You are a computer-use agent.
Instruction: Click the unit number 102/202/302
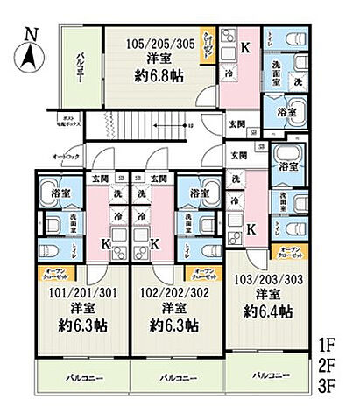tap(173, 294)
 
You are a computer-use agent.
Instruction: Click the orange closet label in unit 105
tap(206, 44)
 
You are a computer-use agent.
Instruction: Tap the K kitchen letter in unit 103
tap(251, 229)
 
